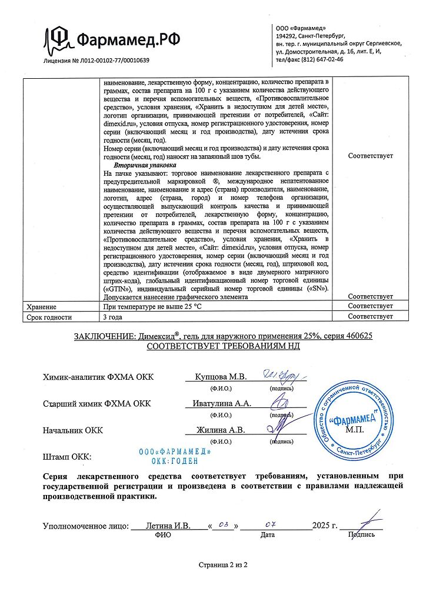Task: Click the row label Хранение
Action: coord(41,307)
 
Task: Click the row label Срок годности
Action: coord(49,317)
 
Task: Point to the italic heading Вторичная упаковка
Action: coord(141,165)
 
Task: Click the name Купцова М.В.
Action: coord(220,377)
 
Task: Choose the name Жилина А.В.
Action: coord(221,430)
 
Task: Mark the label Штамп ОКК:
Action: coord(66,457)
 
